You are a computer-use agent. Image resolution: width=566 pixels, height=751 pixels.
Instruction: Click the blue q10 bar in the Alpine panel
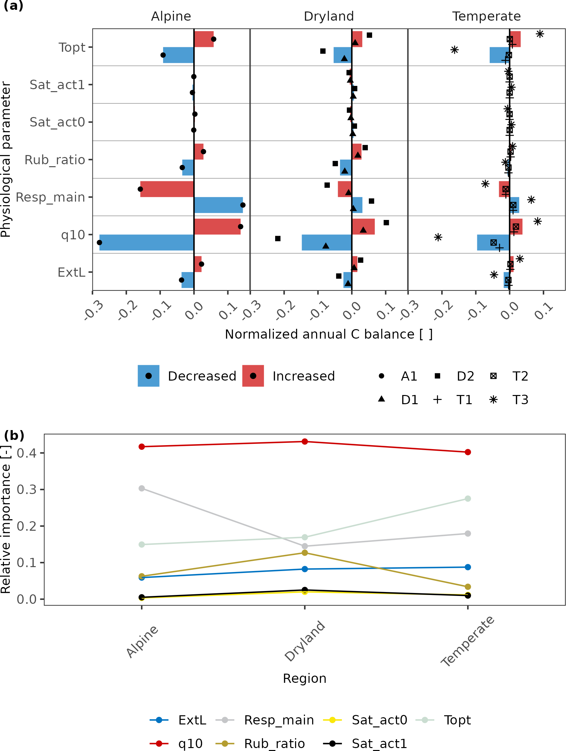tap(146, 243)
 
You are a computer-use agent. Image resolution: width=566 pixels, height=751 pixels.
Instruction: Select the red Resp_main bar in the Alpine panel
tap(167, 189)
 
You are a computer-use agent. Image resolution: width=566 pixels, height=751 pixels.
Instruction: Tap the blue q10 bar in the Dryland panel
tap(327, 243)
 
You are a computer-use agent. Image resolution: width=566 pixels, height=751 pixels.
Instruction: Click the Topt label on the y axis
tap(72, 48)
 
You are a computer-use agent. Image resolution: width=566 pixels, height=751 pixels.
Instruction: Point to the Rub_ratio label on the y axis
tap(55, 160)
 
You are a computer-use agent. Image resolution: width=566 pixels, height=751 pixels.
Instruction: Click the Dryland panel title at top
tap(329, 16)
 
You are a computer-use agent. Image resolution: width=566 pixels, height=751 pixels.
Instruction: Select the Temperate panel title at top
tap(486, 16)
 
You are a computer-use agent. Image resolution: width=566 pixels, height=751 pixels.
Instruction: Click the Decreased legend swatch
tap(148, 376)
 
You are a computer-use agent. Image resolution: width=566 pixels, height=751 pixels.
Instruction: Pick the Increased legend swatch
tap(253, 376)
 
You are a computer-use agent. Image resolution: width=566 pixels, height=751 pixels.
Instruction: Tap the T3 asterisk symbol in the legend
tap(493, 400)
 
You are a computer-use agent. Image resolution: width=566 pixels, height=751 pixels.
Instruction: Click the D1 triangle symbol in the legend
tap(381, 399)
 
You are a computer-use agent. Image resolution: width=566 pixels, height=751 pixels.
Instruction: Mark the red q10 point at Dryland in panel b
tap(305, 441)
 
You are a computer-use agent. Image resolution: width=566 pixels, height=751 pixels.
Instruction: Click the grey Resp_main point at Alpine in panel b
tap(142, 488)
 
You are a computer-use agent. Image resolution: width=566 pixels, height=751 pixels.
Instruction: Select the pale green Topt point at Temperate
tap(468, 498)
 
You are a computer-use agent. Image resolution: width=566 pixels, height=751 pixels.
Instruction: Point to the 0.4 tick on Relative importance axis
tap(27, 453)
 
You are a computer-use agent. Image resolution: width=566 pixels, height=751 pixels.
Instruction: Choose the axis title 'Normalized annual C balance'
tap(329, 334)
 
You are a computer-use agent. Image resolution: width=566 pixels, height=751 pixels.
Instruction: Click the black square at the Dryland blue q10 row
tap(277, 239)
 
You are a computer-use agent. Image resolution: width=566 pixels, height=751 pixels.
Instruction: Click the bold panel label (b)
tap(14, 435)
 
